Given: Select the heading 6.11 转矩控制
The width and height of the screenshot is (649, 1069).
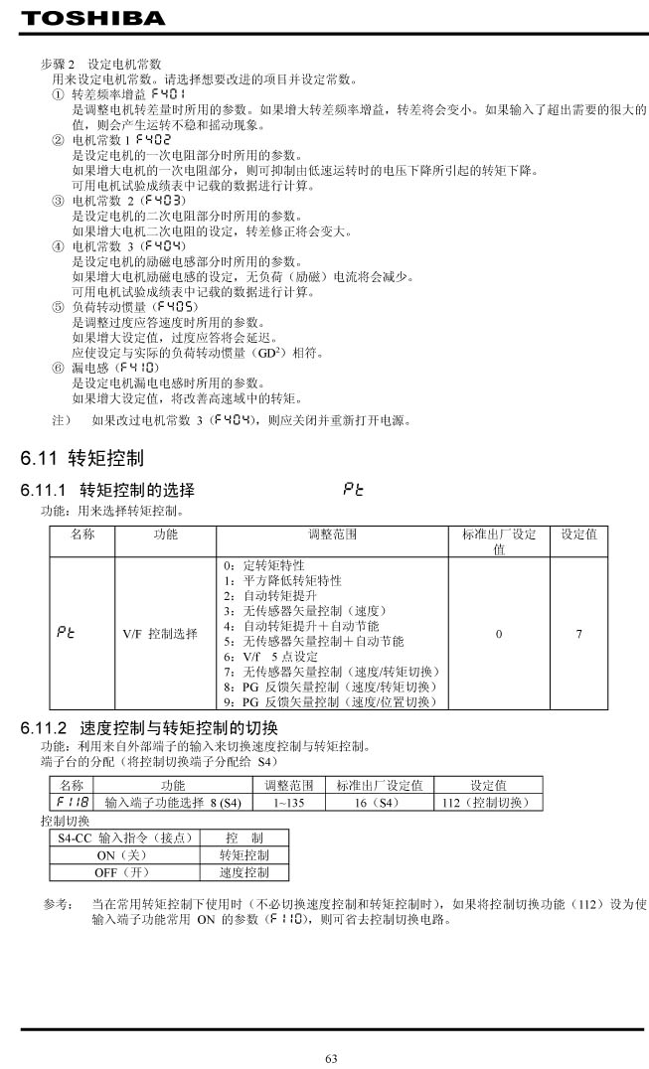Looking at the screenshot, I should [x=82, y=458].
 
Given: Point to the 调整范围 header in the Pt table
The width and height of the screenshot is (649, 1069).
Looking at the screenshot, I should [x=332, y=534].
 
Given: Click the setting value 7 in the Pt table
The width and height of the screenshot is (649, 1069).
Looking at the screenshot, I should [x=578, y=633].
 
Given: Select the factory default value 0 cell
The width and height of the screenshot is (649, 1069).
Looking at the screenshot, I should [x=499, y=633].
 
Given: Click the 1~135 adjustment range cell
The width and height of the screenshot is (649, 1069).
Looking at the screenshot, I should [x=289, y=802].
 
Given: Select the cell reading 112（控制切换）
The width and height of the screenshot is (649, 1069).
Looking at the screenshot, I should [x=488, y=802].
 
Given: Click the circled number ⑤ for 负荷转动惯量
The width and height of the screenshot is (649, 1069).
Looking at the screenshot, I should [x=57, y=307].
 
